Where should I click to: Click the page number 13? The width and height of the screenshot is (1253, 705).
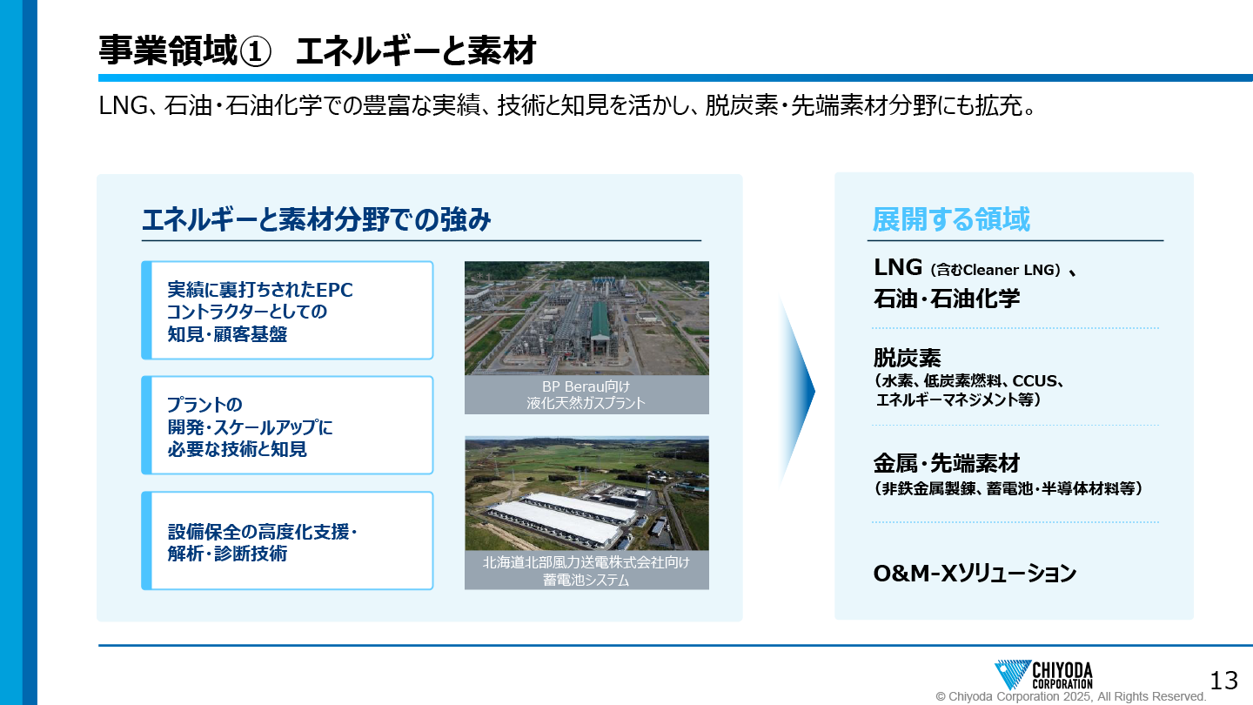(x=1224, y=681)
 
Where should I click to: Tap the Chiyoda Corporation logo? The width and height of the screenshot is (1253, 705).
(x=1043, y=675)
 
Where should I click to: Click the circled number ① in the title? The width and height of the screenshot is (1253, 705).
(x=255, y=51)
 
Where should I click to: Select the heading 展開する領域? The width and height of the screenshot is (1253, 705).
(x=951, y=218)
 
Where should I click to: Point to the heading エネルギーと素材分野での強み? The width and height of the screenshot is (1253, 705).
(x=316, y=218)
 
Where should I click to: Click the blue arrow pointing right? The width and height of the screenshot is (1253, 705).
(x=798, y=391)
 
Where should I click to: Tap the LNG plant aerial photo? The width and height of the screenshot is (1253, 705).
(x=586, y=318)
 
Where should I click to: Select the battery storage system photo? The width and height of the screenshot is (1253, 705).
(x=586, y=493)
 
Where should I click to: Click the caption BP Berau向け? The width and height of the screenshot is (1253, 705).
(x=586, y=386)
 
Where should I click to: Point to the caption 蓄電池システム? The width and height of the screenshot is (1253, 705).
(x=586, y=580)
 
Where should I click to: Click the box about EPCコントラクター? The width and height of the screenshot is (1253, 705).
(x=287, y=311)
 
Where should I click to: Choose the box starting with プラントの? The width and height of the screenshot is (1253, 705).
(x=287, y=426)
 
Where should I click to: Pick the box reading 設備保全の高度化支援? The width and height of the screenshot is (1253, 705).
(x=287, y=540)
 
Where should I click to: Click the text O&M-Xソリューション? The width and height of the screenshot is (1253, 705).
(x=975, y=573)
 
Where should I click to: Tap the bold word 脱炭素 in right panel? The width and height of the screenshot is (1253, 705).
(x=907, y=358)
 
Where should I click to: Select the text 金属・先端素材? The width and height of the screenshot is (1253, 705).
(x=947, y=463)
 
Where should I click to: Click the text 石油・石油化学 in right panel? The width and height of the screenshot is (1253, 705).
(x=947, y=299)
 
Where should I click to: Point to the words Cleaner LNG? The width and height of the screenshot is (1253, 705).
(x=1009, y=270)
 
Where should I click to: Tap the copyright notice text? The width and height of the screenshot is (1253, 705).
(x=1070, y=696)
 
